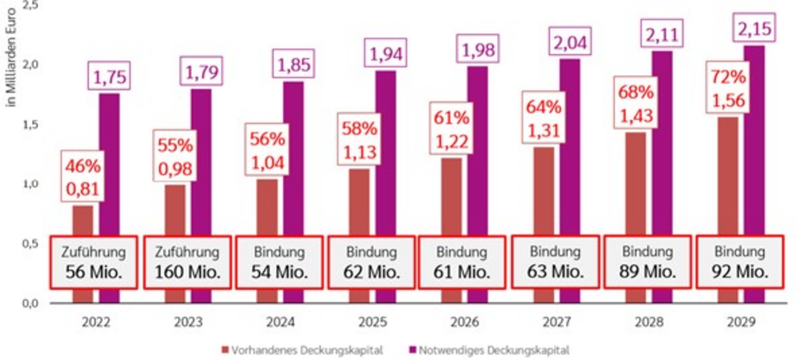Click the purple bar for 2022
point(110,164)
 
